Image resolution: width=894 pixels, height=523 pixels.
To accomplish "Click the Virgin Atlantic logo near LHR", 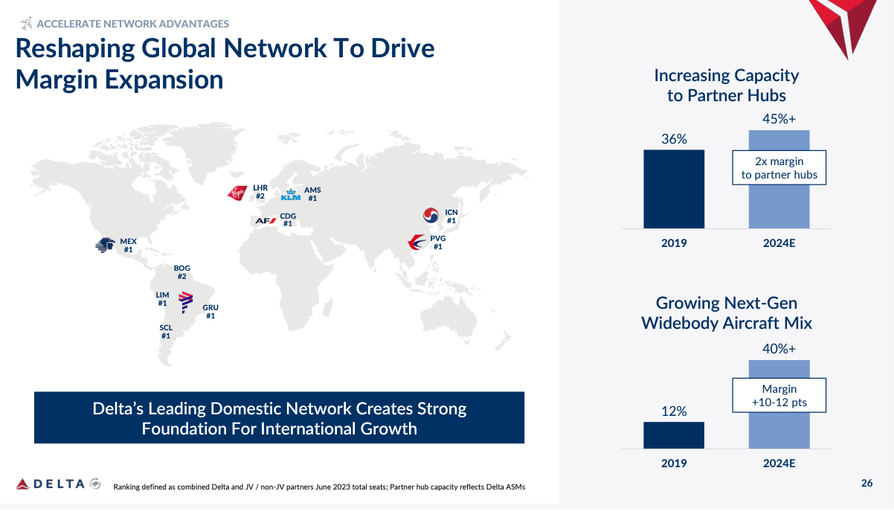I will pos(237,193).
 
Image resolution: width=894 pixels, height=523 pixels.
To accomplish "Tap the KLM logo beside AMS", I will pos(290,196).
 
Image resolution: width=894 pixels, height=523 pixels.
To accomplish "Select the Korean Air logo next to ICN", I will pos(431,216).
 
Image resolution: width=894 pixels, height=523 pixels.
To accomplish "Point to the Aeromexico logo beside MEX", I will pos(106,245).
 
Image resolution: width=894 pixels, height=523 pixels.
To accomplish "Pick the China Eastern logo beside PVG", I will pos(417,242).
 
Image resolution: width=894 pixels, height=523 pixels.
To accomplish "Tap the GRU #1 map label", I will pos(210,312).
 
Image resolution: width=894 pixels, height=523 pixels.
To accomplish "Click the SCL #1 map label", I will pos(166,332).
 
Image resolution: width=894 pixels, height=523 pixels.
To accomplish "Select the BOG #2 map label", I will pos(182,272).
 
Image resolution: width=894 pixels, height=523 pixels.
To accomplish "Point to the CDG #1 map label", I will pos(288,219).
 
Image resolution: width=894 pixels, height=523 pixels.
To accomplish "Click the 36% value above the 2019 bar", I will pos(674,139).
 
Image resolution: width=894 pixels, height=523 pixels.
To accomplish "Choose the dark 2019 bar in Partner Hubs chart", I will pos(674,189).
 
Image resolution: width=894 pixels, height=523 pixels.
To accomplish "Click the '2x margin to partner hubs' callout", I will pos(779,168).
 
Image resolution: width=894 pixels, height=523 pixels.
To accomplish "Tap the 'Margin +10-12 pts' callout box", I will pos(779,396).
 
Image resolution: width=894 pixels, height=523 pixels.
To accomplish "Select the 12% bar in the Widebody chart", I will pos(674,435).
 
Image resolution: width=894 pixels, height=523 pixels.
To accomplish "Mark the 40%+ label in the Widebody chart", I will pos(779,348).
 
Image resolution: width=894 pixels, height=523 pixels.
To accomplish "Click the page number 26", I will pos(867,484).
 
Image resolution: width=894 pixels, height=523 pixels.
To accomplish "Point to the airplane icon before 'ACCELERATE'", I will pos(27,24).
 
